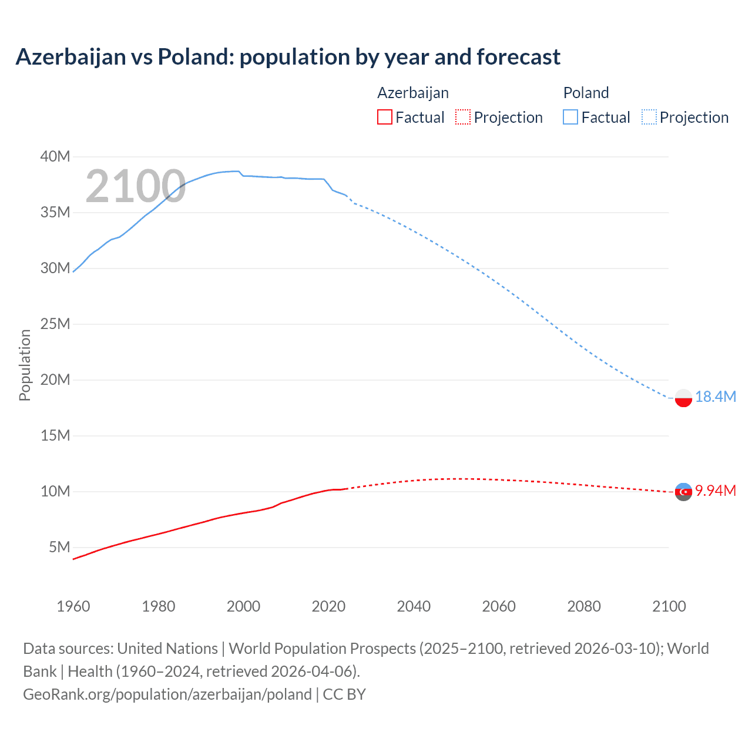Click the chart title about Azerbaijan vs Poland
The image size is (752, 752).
tap(288, 57)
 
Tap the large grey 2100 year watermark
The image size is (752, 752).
tap(136, 186)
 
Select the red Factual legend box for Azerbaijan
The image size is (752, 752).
tap(384, 117)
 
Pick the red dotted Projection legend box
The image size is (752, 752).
tap(463, 117)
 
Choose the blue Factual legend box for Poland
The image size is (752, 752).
tap(570, 117)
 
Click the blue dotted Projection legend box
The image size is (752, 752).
tap(649, 117)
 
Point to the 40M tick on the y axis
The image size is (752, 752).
tap(55, 156)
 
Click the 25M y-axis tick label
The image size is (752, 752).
tap(55, 324)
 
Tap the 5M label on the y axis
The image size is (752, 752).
tap(59, 547)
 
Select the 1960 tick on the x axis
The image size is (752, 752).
tap(73, 606)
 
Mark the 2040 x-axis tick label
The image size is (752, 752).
tap(414, 606)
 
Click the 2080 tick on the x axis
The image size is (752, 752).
tap(584, 606)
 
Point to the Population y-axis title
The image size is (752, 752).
tap(25, 365)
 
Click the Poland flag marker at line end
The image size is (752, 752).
tap(683, 398)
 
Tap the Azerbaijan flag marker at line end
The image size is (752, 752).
tap(683, 492)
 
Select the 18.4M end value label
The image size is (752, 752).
tap(716, 397)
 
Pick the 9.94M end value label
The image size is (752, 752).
tap(716, 491)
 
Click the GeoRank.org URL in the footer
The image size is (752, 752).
tap(167, 694)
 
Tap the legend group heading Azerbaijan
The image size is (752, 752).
tap(413, 93)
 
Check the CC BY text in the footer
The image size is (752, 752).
tap(344, 694)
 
